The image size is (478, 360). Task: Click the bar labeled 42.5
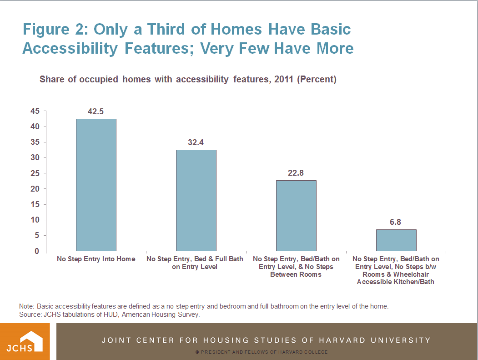click(x=96, y=185)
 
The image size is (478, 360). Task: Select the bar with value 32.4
click(x=196, y=200)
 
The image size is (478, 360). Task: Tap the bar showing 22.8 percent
click(x=296, y=215)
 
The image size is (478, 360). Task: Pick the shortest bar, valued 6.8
click(x=396, y=240)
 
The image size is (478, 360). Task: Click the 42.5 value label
click(x=96, y=112)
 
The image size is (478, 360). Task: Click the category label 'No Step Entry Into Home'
click(x=96, y=259)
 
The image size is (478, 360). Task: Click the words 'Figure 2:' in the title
click(x=54, y=30)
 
